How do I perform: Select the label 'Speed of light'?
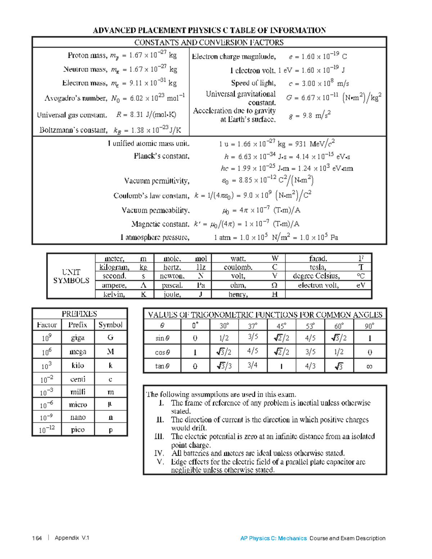(253, 83)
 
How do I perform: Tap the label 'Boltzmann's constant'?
(73, 130)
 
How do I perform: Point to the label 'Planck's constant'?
(161, 156)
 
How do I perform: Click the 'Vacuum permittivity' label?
(157, 181)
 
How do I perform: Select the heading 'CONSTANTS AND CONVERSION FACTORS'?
(209, 42)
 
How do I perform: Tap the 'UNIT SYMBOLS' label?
(71, 276)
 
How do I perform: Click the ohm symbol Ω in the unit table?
(274, 285)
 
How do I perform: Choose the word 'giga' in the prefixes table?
(78, 338)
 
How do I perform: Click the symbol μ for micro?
(110, 404)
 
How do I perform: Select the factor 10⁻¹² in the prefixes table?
(47, 429)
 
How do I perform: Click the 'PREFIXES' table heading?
(79, 314)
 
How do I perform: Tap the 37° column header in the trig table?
(252, 326)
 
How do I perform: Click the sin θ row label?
(162, 338)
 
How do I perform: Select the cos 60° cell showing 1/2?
(339, 352)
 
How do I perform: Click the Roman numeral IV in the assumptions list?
(159, 453)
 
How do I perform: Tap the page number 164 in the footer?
(37, 538)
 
